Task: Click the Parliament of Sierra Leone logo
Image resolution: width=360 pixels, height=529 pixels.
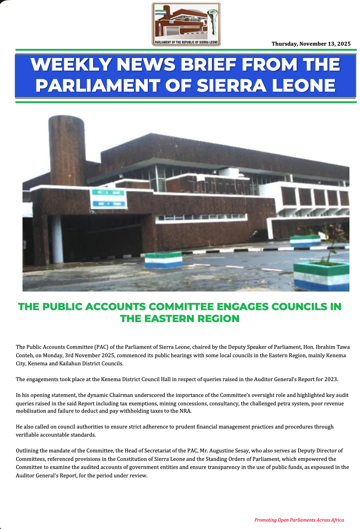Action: point(186,24)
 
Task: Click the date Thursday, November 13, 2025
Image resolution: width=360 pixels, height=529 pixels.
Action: point(311,44)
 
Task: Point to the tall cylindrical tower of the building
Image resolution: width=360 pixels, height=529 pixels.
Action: point(66,151)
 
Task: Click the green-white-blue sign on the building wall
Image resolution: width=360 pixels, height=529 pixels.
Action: point(108,198)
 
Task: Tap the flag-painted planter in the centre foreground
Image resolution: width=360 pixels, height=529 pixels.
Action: point(164,260)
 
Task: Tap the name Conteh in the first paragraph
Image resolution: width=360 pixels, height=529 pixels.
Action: point(24,355)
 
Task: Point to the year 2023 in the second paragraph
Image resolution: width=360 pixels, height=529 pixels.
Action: point(331,379)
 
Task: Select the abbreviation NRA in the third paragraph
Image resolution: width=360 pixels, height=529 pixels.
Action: point(186,411)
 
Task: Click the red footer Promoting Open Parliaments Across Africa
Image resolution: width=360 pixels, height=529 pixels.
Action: point(299,520)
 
